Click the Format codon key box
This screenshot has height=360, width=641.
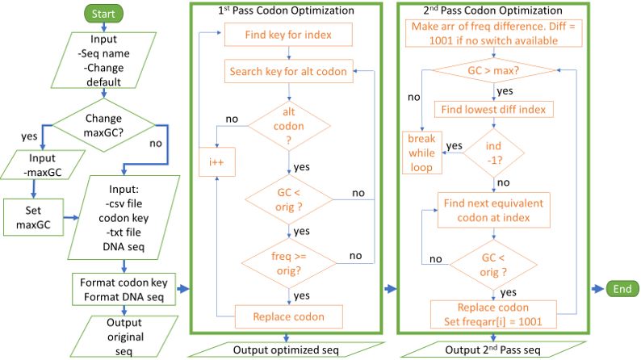tap(123, 290)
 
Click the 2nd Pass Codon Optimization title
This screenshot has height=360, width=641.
tap(494, 12)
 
